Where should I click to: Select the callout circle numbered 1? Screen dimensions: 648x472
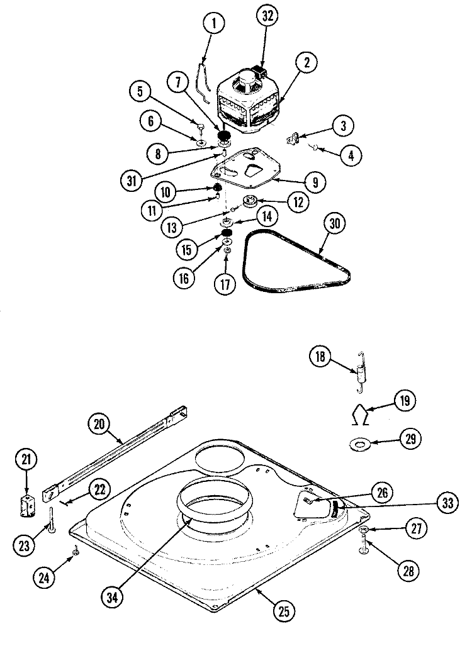(x=214, y=25)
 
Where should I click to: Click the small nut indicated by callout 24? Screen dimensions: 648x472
(x=75, y=552)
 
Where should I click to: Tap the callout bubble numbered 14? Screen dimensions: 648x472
(x=266, y=217)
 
